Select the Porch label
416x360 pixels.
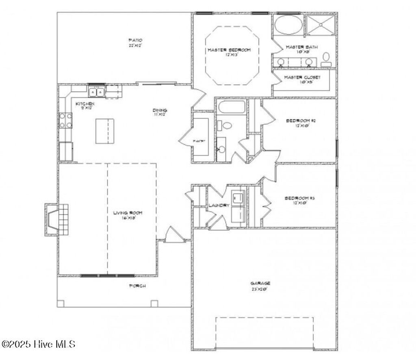(x=137, y=286)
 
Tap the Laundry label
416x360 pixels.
(x=219, y=205)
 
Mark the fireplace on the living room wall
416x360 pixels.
(x=56, y=220)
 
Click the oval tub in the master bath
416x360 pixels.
(x=288, y=25)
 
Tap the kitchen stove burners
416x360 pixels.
(x=66, y=120)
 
